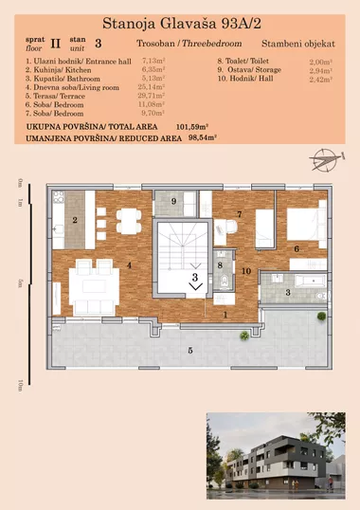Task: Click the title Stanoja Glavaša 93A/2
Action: pos(180,22)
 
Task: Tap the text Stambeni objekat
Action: pos(285,42)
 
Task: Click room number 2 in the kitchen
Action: pos(74,221)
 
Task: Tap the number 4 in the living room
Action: pos(127,265)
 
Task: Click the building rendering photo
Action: pos(276,455)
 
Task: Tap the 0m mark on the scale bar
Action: pos(19,178)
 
